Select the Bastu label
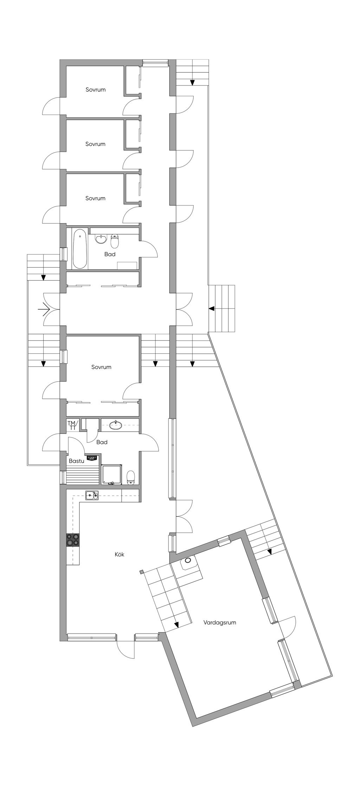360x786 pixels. coord(76,461)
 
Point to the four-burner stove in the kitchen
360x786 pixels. coord(73,539)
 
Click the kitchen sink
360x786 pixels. coord(92,495)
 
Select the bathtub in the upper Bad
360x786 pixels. coord(80,249)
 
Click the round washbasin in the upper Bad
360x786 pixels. coord(101,239)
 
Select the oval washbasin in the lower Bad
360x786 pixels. coord(116,426)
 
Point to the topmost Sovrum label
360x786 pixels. coord(96,90)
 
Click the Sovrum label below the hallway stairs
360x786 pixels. coord(101,367)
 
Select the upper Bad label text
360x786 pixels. coord(110,254)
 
